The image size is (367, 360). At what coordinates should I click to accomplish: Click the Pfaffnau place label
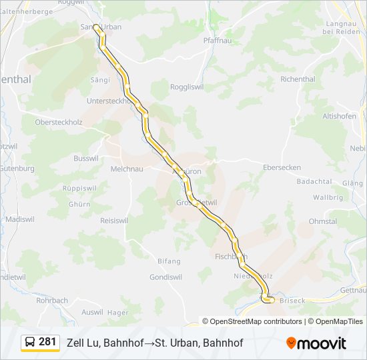click(216, 41)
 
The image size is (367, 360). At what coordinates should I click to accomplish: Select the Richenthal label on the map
click(298, 79)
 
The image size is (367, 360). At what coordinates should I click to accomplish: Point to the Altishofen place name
click(339, 116)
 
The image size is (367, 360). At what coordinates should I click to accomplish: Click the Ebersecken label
click(282, 167)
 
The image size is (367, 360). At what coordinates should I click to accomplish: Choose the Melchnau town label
click(127, 169)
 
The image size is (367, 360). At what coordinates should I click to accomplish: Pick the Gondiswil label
click(165, 277)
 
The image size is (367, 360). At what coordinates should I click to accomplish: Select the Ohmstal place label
click(323, 221)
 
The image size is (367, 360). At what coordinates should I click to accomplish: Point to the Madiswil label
click(19, 219)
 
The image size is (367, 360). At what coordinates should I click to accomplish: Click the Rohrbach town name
click(52, 301)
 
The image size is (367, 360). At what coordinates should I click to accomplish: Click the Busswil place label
click(85, 159)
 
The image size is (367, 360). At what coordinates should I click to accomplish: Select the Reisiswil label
click(114, 221)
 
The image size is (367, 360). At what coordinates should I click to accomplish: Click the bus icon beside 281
click(30, 343)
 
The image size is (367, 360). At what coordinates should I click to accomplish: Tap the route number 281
click(48, 342)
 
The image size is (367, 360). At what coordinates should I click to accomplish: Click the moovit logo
click(316, 343)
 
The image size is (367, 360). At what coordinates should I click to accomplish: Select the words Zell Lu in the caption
click(83, 343)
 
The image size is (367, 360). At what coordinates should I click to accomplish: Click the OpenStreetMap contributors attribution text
click(255, 321)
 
